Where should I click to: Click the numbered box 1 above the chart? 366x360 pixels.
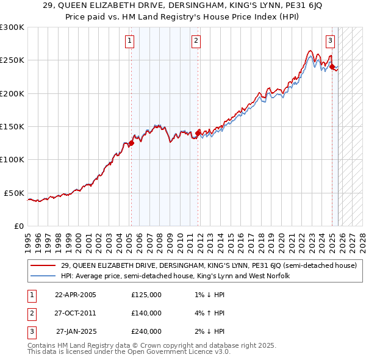pyautogui.click(x=130, y=41)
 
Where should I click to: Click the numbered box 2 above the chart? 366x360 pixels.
pyautogui.click(x=196, y=41)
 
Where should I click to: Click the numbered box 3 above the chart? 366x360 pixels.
pyautogui.click(x=330, y=41)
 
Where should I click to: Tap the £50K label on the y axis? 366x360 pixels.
pyautogui.click(x=14, y=193)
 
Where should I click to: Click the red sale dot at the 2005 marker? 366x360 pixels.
pyautogui.click(x=131, y=143)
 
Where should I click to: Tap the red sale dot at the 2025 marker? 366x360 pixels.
pyautogui.click(x=332, y=67)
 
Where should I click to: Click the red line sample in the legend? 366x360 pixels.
pyautogui.click(x=43, y=265)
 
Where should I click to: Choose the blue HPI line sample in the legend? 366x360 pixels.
pyautogui.click(x=43, y=276)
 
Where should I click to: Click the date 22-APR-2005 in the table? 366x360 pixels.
pyautogui.click(x=75, y=295)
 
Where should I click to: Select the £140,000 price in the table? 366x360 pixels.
pyautogui.click(x=146, y=313)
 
